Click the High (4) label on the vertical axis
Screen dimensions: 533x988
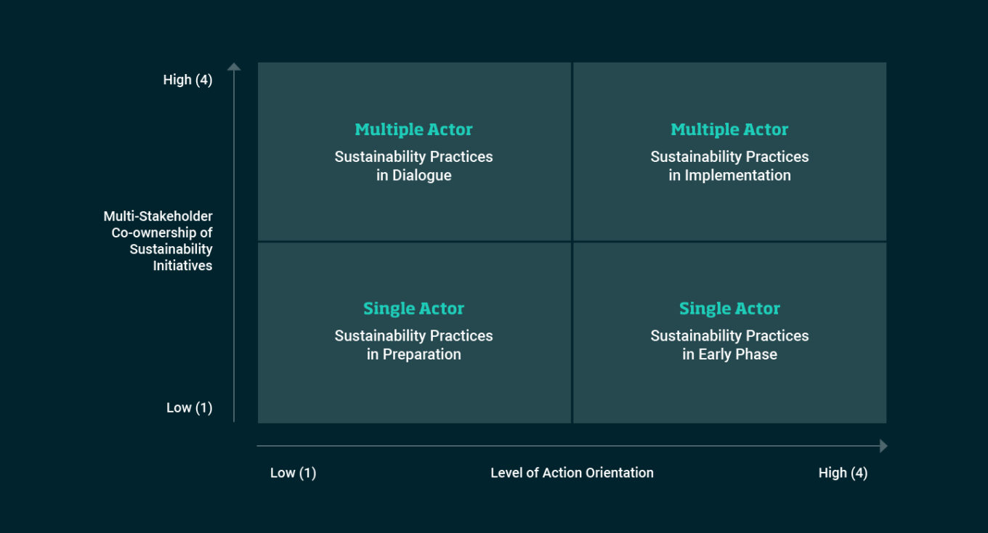(x=187, y=80)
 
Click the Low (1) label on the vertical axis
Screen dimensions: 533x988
(x=189, y=408)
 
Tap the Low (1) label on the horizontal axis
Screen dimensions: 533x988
(x=293, y=473)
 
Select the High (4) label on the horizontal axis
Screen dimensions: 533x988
(x=843, y=473)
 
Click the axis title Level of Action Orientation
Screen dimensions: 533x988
(x=572, y=473)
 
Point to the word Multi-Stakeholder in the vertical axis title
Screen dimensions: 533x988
(x=158, y=216)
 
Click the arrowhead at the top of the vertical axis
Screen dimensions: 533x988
(x=234, y=68)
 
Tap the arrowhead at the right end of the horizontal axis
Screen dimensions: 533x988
(x=883, y=446)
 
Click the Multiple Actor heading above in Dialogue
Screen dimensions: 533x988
(x=413, y=130)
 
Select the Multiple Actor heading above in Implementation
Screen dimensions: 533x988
(x=729, y=130)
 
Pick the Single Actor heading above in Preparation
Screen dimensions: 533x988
(x=413, y=309)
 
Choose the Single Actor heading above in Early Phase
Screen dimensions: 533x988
(x=729, y=309)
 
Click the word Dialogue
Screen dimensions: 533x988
(x=422, y=176)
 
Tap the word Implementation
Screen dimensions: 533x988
(x=737, y=176)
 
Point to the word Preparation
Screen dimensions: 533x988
(x=422, y=354)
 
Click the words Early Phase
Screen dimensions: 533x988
(x=738, y=354)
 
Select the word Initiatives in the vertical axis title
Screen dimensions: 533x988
(x=182, y=266)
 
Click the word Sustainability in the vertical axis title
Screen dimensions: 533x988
(x=171, y=249)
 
